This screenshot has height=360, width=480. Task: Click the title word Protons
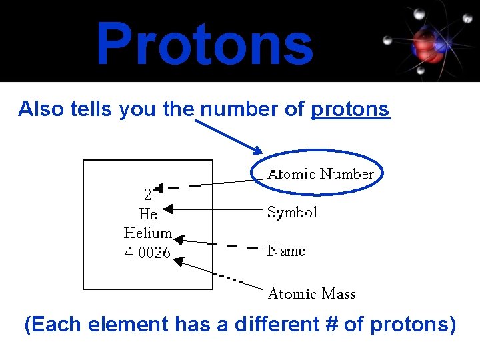point(204,44)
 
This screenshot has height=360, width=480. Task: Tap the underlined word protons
point(350,109)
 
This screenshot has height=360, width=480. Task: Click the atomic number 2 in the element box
point(147,194)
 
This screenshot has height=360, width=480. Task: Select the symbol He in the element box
point(147,214)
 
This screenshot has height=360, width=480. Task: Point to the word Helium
point(147,233)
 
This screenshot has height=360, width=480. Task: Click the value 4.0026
point(147,253)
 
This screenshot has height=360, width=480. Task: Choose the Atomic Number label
point(320,174)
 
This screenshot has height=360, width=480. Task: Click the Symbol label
point(292,212)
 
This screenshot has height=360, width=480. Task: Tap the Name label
point(285,251)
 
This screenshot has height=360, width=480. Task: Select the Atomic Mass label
point(311,293)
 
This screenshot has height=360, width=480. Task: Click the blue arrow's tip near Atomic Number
point(261,151)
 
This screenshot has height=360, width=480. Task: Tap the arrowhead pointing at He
point(167,210)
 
